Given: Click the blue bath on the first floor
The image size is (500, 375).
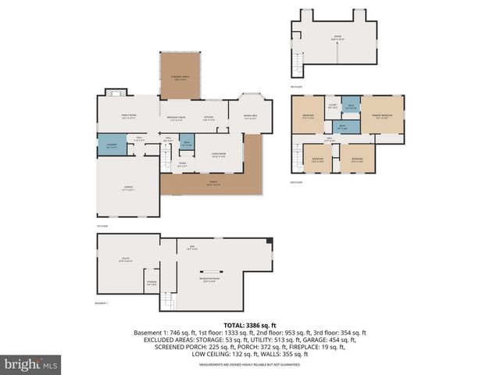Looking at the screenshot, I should (x=186, y=144).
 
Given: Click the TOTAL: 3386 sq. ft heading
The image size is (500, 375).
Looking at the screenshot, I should (x=250, y=324).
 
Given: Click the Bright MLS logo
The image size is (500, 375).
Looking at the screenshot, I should (x=30, y=363).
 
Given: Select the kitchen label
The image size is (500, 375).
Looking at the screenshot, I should (x=209, y=118).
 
